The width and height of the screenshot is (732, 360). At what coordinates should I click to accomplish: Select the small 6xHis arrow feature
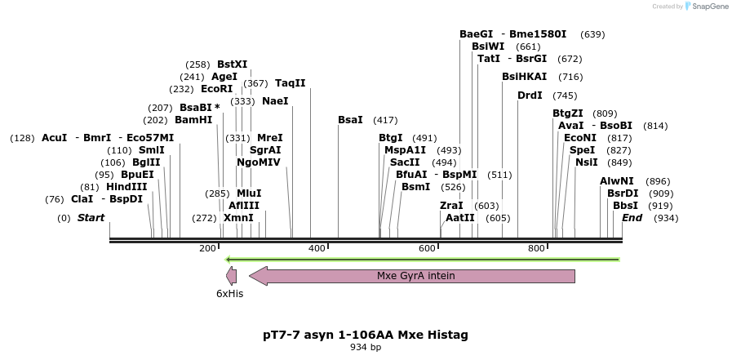coord(231,276)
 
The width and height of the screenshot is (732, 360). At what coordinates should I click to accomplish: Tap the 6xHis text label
coord(229,294)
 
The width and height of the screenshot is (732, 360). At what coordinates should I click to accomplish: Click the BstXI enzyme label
coord(232,64)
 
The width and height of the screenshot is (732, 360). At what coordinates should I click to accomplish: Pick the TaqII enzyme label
coord(290,83)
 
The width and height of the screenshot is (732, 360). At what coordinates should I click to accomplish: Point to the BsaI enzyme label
coord(350,120)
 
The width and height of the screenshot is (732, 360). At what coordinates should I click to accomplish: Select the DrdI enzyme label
coord(530,96)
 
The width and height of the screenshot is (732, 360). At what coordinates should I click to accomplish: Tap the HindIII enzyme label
coord(126,187)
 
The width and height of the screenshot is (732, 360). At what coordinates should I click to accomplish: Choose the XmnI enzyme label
coord(238,218)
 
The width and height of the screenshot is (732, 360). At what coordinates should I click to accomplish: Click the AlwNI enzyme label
coord(616,181)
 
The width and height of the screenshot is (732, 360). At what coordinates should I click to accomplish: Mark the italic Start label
coord(91,218)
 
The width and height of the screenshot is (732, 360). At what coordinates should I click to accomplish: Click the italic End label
coord(632,218)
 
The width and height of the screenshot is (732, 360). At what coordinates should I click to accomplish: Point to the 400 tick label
coord(316,248)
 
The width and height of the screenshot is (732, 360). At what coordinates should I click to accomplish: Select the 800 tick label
coord(535,248)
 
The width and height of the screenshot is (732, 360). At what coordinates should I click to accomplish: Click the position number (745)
coord(564,96)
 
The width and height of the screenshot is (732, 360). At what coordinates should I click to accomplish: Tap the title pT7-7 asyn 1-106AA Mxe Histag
coord(365,335)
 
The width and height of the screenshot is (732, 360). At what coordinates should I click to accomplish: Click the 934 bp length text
coord(365,348)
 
